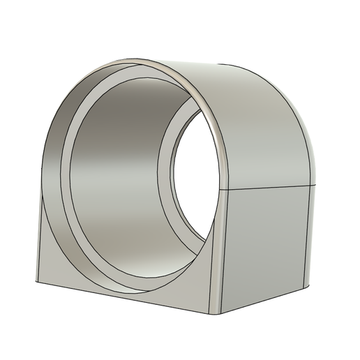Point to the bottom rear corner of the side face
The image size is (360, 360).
click(x=308, y=284)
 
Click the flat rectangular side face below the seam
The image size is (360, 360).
click(x=265, y=244)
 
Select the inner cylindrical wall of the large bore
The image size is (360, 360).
click(x=119, y=174)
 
